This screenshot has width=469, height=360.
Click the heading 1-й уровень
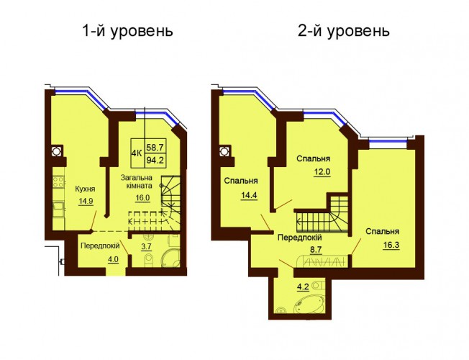pos(127,32)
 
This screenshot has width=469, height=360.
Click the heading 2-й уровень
pos(344,32)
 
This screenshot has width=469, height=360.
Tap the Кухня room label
pos(85,189)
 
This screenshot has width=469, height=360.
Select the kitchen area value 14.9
pos(86,201)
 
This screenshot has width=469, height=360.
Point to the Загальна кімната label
pos(137,181)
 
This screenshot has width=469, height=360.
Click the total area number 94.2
pos(155,161)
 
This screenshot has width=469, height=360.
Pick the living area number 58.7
pos(155,147)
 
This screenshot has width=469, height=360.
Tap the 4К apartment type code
pos(137,153)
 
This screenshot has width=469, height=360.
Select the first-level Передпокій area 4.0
pos(113,258)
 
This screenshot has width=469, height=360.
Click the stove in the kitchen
pos(59,181)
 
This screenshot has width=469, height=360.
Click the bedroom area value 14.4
pos(249,195)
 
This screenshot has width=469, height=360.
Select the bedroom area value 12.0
pos(322,173)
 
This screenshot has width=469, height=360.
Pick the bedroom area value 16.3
pos(391,246)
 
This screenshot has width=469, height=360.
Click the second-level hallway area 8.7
pos(317,249)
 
